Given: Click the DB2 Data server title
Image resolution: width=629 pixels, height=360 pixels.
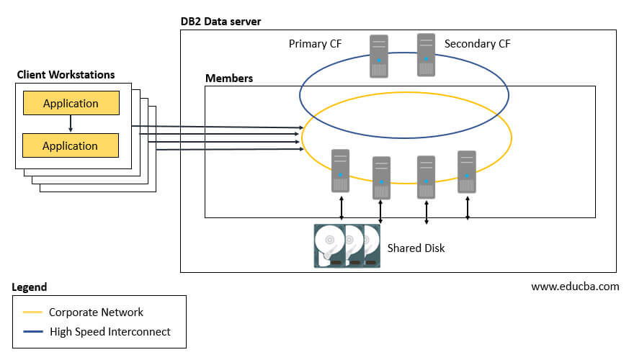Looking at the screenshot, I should coord(220,22).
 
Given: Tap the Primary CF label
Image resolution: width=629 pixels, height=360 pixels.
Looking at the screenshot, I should coord(315,44).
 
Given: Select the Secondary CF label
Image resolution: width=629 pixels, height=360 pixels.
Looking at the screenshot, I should coord(477,44).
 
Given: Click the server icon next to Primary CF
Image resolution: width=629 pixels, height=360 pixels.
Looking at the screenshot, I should coord(378,55).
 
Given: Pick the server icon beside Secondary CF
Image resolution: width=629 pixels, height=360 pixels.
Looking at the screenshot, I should coord(427,54).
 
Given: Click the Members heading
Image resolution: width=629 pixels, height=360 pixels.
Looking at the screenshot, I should coord(229,78).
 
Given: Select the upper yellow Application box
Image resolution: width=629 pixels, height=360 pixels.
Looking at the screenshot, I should coord(71,103).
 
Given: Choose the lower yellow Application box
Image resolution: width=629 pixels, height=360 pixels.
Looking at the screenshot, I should coord(71,145).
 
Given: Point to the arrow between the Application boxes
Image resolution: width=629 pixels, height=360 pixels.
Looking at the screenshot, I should coord(71,124).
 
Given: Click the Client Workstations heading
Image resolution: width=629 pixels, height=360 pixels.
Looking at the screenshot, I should coord(66,75).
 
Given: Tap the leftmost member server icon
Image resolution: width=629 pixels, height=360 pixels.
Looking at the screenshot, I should coord(341,170).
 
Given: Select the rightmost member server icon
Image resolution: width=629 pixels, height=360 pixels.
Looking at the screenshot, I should coord(467,171).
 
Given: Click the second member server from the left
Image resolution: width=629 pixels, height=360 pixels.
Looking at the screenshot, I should coord(381,177).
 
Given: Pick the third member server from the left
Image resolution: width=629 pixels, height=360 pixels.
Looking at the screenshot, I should coord(427,177).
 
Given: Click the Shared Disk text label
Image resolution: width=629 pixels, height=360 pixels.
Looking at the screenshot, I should coord(416,248).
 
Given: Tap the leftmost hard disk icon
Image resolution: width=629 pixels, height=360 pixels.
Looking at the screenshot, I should coord(329,246).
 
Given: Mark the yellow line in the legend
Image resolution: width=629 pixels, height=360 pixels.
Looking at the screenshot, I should coord(32,312).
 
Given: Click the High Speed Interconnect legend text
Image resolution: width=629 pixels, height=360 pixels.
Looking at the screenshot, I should coord(110,332).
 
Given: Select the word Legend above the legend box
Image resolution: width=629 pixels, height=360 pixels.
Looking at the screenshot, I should coord(30,287).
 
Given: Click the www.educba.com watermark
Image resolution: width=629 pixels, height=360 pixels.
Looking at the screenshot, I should coord(574,286).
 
